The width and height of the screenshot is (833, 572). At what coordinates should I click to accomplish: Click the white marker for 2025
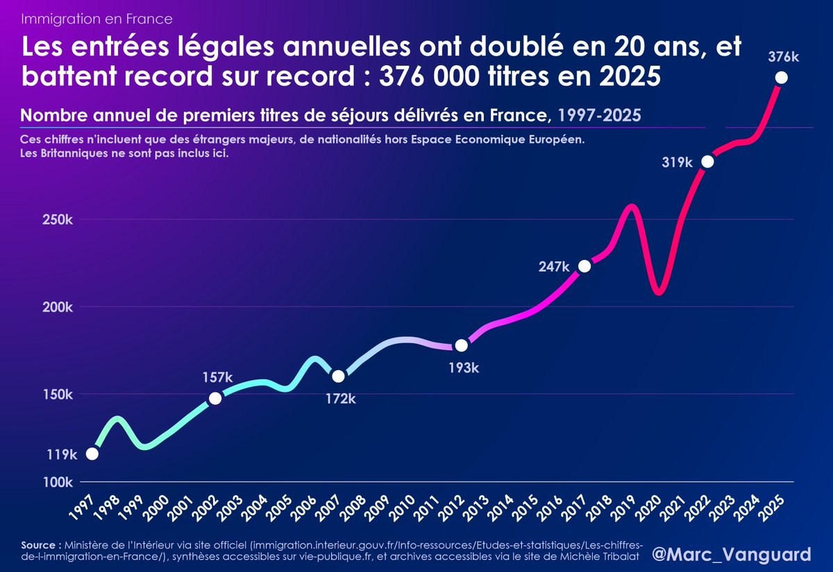781,78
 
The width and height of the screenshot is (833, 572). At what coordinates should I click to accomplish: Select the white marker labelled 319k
707,162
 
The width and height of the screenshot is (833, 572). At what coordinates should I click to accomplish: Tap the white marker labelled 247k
584,266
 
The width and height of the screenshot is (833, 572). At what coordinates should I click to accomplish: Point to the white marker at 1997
92,453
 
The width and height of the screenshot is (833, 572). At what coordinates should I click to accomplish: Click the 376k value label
782,58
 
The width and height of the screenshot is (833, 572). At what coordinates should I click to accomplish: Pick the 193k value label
464,368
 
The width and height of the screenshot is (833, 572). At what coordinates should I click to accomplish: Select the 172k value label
341,399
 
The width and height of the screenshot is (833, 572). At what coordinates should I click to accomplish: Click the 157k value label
218,377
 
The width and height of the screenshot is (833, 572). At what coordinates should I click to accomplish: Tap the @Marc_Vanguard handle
732,555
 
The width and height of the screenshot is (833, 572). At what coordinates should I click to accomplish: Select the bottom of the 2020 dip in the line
659,292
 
